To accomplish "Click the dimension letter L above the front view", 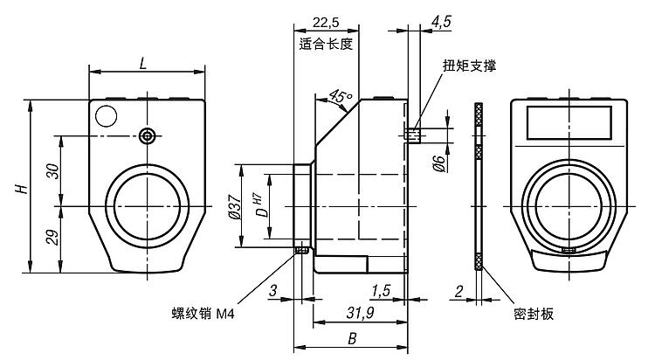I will click(x=144, y=62).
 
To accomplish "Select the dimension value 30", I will click(x=53, y=171).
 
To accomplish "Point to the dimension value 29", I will click(x=53, y=239).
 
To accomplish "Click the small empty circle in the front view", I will click(x=107, y=114).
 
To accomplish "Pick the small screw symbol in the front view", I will click(x=149, y=135).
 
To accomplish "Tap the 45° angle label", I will click(x=341, y=97).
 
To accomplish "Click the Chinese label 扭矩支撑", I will click(x=469, y=66).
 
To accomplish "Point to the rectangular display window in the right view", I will click(x=570, y=121).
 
